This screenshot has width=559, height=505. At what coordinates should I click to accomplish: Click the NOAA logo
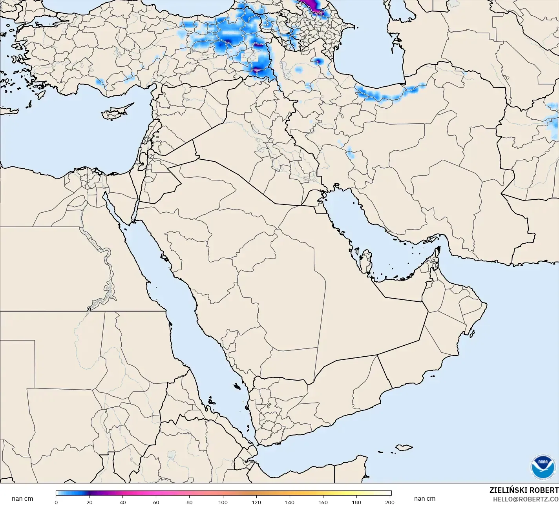click(x=543, y=467)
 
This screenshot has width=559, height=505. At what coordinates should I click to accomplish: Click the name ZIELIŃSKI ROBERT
click(x=524, y=490)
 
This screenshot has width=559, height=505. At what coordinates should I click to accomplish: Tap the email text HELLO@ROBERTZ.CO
click(x=526, y=499)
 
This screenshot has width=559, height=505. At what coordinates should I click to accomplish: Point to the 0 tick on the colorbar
click(x=56, y=502)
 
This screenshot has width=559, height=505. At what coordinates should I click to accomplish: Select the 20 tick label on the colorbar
click(x=90, y=502)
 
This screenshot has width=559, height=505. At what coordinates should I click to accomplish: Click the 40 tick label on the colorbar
click(x=123, y=502)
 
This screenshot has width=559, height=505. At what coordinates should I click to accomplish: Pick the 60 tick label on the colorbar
click(x=156, y=502)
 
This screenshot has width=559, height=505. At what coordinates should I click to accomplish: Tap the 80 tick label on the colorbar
click(x=190, y=502)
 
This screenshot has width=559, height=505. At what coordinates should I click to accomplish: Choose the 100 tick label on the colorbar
click(x=223, y=502)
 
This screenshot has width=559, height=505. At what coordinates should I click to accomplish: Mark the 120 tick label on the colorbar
click(x=256, y=502)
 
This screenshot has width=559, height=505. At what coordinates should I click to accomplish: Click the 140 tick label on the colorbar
click(x=290, y=502)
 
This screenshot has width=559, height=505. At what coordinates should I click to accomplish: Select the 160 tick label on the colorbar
click(x=323, y=502)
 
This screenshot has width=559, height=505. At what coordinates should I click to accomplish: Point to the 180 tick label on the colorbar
click(x=356, y=502)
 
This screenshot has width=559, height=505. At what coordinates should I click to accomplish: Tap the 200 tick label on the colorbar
click(x=390, y=502)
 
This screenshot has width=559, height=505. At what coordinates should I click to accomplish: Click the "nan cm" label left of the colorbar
click(x=22, y=499)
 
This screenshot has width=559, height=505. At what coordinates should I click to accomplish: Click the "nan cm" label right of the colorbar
click(x=424, y=499)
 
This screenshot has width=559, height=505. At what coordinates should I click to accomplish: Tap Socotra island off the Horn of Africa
click(x=404, y=447)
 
